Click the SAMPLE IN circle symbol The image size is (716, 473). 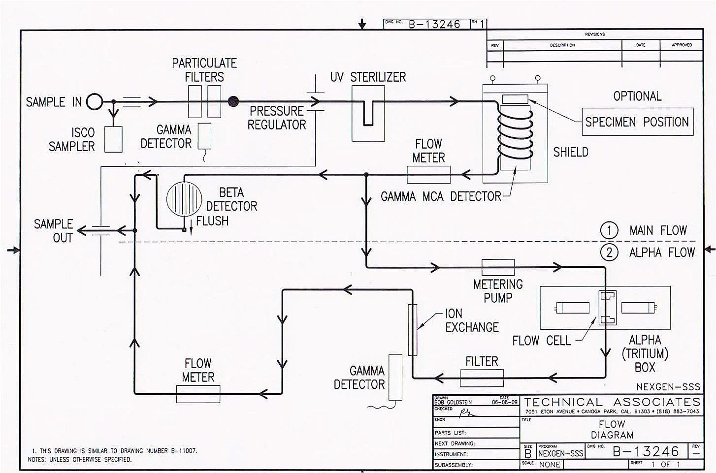coord(95,102)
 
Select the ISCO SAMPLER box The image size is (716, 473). coord(113,139)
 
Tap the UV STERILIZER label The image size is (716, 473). coord(368,77)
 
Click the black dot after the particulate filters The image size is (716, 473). coord(233,102)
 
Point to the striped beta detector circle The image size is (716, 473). coord(184,199)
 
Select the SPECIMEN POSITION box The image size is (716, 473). coord(637,122)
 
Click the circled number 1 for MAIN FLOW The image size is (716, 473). coord(609,230)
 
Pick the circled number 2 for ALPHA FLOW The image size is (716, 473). coord(609,252)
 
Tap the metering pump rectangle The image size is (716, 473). coord(498,267)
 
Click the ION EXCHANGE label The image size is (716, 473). coord(472,320)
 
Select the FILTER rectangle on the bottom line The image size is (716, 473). coord(482,378)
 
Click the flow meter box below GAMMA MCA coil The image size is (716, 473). coord(428,174)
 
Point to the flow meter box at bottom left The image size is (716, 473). coord(198,394)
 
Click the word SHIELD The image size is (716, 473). coord(571,152)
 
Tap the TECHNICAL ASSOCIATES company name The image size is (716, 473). coord(612,402)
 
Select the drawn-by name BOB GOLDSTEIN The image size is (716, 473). coord(453,403)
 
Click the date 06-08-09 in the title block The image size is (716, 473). coord(505,402)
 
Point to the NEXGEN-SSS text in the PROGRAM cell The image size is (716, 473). coord(560,454)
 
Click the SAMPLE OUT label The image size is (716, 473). coord(53,231)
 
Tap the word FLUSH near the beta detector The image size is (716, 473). coord(212,221)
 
